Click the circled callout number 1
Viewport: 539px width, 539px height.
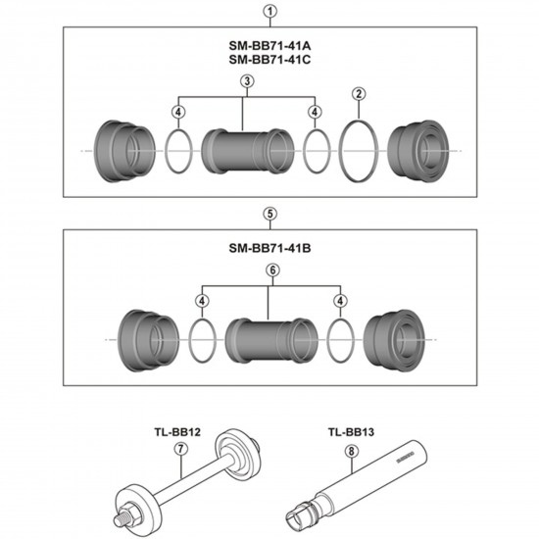[x=269, y=12]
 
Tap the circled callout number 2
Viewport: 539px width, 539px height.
[x=360, y=94]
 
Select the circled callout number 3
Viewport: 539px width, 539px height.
[x=245, y=80]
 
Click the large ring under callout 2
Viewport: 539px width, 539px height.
[x=360, y=150]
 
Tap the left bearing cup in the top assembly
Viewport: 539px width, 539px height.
[x=120, y=150]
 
